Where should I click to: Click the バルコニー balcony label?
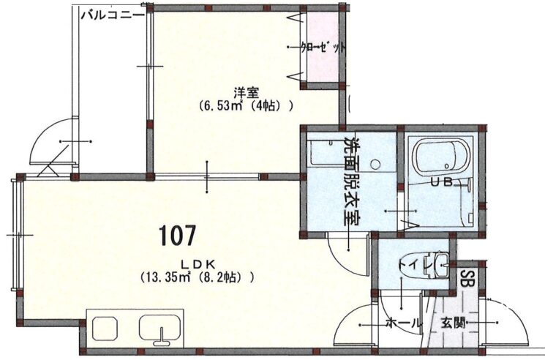tap(112, 15)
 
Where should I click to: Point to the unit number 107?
tap(177, 236)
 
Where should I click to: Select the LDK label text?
tap(198, 264)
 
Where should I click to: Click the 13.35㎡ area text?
tap(168, 277)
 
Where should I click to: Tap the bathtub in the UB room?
tap(441, 156)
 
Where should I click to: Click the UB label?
tap(441, 181)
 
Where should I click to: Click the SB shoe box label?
tap(464, 277)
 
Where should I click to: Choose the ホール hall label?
tap(403, 324)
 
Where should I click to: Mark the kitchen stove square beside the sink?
tap(105, 329)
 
